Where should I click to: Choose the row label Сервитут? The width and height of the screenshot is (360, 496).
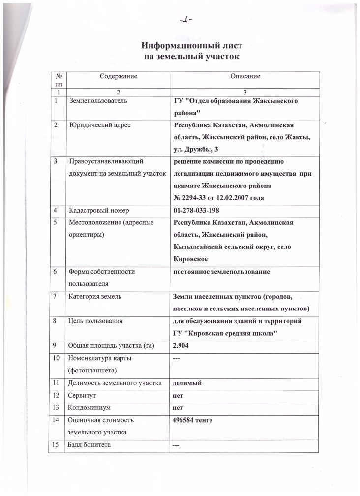tap(83, 395)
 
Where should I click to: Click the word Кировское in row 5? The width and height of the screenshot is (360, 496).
tap(190, 258)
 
